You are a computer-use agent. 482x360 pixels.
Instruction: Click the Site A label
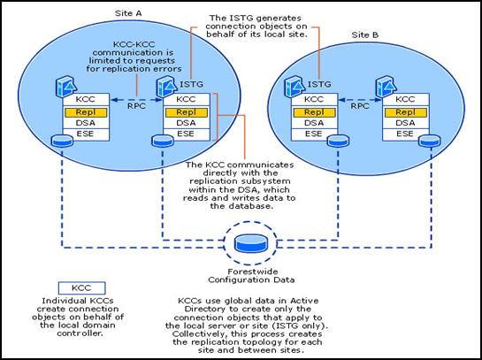click(x=128, y=13)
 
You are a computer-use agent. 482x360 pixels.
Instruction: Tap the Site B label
click(x=365, y=35)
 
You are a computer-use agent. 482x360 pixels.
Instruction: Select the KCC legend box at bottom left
click(x=81, y=288)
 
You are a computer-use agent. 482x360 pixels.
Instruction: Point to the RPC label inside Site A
click(x=136, y=106)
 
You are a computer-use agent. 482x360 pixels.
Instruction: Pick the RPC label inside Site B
click(x=360, y=106)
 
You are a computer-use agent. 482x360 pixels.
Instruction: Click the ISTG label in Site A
click(x=191, y=84)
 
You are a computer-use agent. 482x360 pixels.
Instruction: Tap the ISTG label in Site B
click(x=319, y=84)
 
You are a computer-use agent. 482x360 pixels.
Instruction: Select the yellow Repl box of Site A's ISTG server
click(x=187, y=112)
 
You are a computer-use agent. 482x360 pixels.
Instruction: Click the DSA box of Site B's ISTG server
click(x=314, y=123)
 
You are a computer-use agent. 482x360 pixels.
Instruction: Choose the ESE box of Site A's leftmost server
click(x=86, y=134)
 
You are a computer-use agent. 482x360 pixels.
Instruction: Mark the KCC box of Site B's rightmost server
click(x=405, y=100)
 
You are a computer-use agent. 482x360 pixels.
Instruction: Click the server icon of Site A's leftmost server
click(x=66, y=87)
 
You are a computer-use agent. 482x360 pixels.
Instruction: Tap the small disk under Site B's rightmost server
click(x=430, y=142)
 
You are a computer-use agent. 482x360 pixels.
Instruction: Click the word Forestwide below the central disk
click(x=253, y=272)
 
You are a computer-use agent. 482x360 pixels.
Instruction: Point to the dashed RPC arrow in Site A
click(x=136, y=100)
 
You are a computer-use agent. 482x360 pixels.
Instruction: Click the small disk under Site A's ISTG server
click(x=163, y=142)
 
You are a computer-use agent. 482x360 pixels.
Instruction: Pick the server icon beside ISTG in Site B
click(x=295, y=87)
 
